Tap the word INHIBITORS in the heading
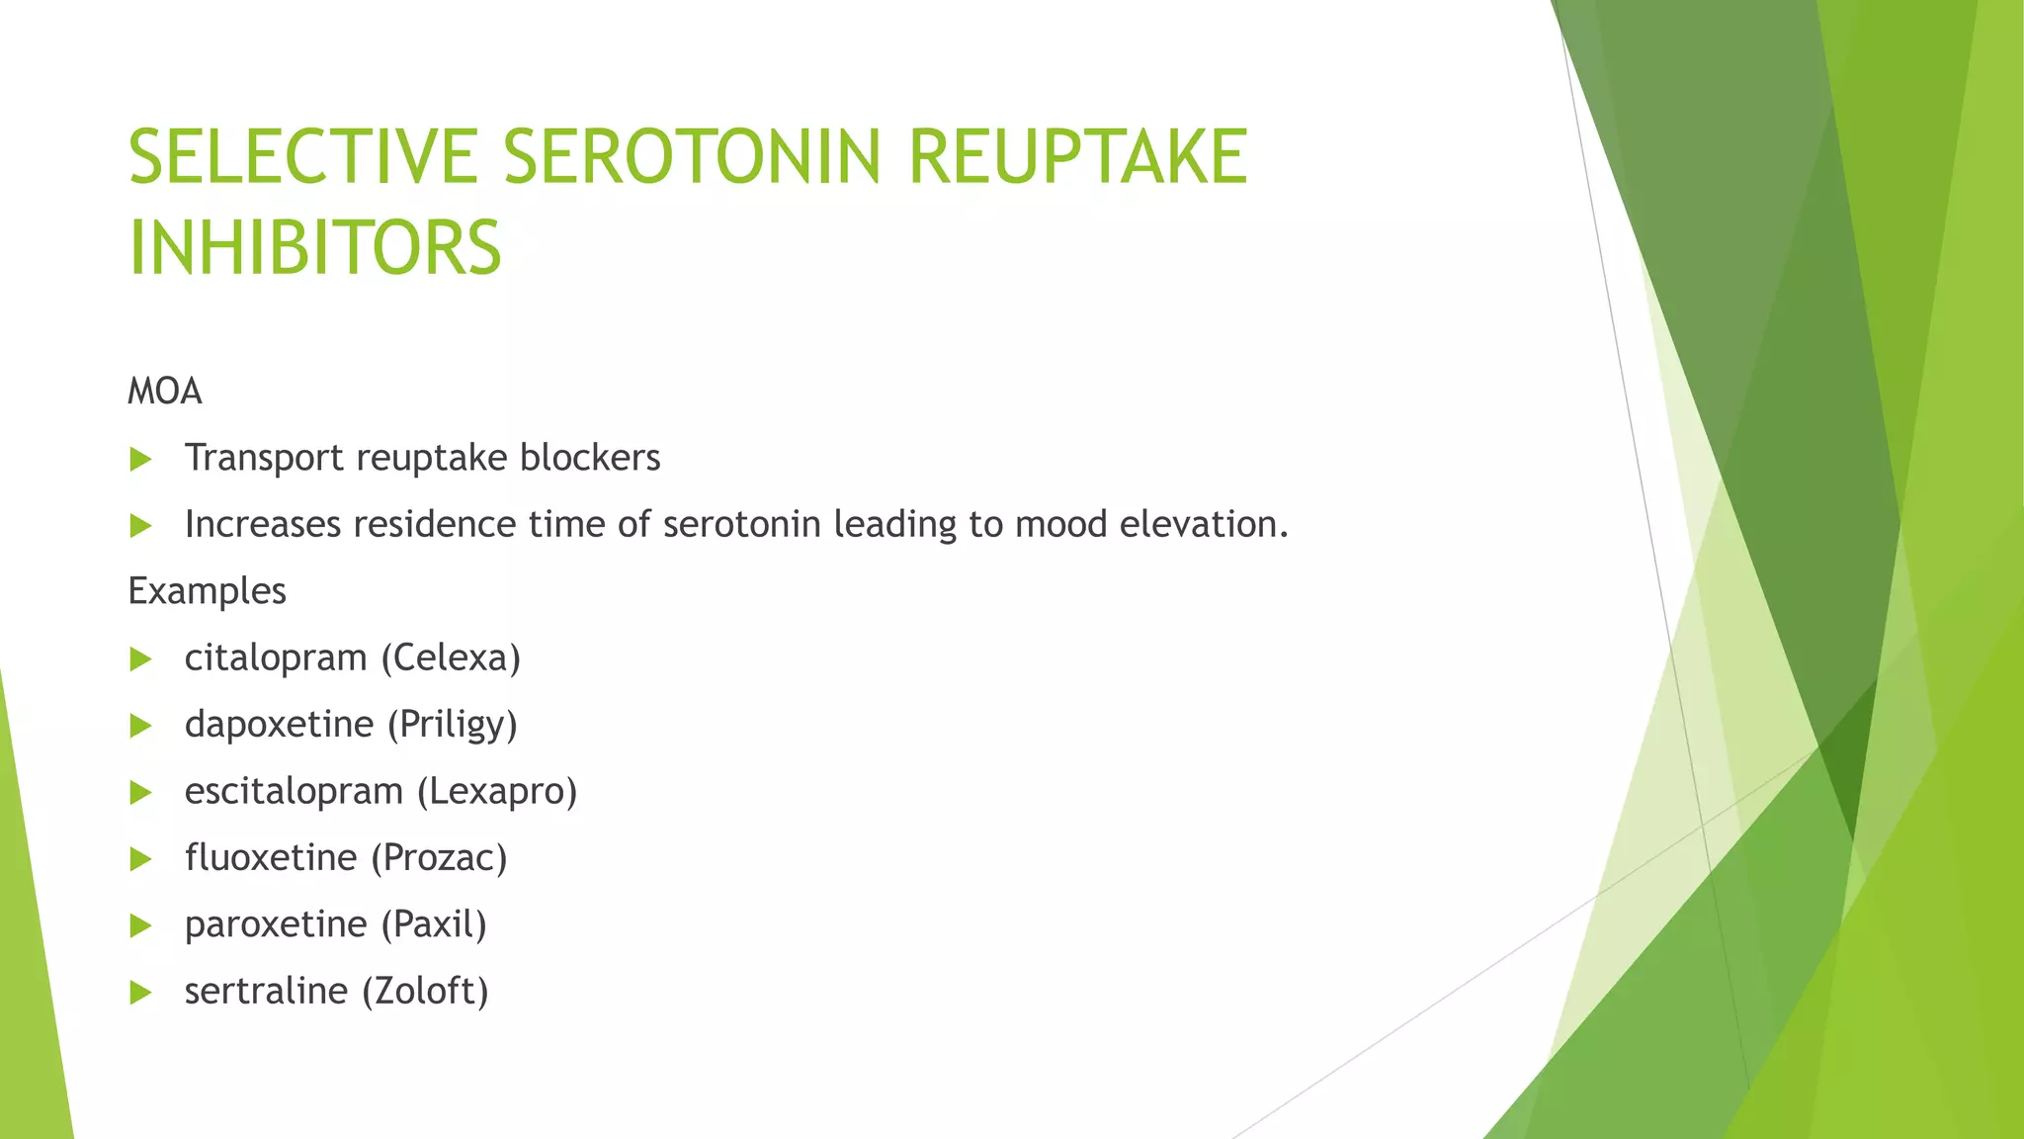click(315, 247)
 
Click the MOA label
click(165, 392)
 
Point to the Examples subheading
click(207, 591)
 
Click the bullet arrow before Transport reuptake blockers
click(140, 459)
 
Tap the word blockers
click(590, 458)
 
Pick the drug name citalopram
click(276, 658)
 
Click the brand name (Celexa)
click(451, 658)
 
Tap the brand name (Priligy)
click(452, 725)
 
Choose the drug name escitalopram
click(294, 791)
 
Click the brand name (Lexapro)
click(496, 792)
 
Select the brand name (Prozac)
click(439, 858)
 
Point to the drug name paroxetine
click(276, 924)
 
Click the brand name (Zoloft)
click(425, 991)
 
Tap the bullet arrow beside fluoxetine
click(140, 859)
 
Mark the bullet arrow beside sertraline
click(140, 992)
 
